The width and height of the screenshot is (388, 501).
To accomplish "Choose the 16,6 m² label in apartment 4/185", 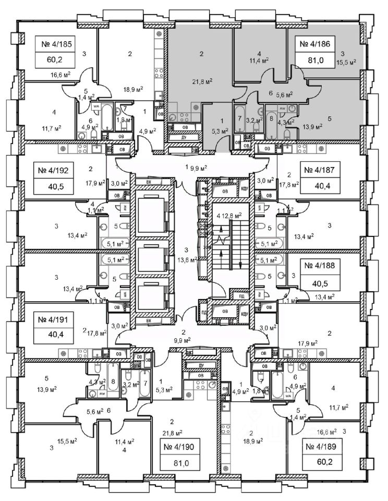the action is click(60, 75).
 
